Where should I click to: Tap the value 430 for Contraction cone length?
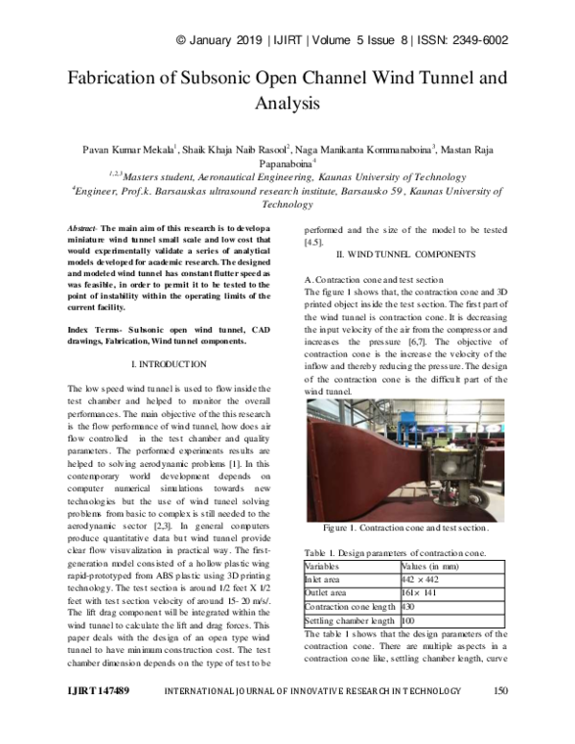[408, 607]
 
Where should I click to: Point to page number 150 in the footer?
[499, 717]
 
